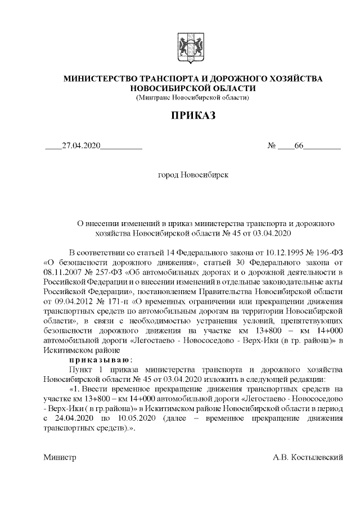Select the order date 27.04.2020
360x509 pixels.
pos(81,146)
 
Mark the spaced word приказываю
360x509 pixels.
pos(101,359)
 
